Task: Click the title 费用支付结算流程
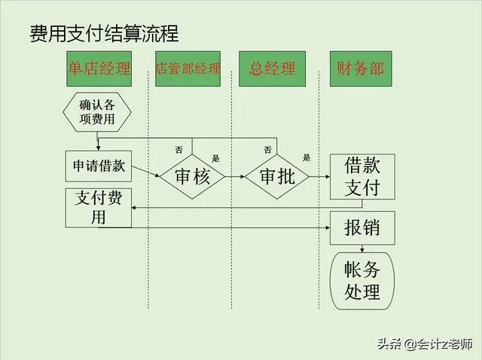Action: click(103, 34)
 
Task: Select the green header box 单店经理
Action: click(99, 69)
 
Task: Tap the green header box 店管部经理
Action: click(188, 69)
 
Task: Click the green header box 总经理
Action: click(272, 69)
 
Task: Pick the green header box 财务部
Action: click(361, 69)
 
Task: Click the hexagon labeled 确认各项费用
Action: click(97, 111)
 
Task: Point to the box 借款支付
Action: click(361, 176)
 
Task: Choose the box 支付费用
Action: click(99, 208)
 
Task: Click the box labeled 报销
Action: click(361, 227)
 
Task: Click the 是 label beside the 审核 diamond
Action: click(215, 158)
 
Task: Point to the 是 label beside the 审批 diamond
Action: click(307, 158)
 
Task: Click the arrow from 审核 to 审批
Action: click(234, 177)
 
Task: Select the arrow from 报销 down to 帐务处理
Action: click(363, 249)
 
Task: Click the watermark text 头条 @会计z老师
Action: click(424, 344)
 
